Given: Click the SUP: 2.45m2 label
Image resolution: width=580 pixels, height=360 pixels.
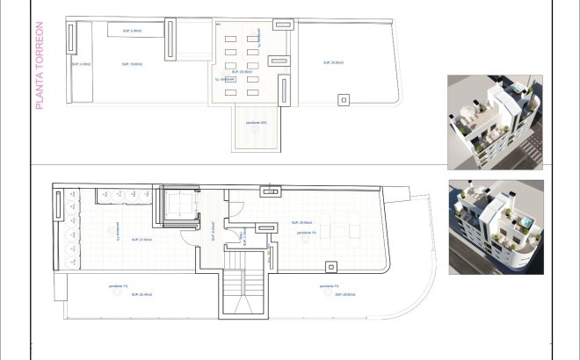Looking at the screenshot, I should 132,31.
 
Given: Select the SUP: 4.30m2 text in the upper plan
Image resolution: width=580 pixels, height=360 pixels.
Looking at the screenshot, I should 84,63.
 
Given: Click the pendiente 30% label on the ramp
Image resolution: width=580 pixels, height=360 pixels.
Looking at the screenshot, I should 257,122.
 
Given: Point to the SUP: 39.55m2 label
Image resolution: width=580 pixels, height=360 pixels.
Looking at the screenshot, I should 301,223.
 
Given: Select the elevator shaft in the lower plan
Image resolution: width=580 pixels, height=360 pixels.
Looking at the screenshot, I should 178,208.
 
